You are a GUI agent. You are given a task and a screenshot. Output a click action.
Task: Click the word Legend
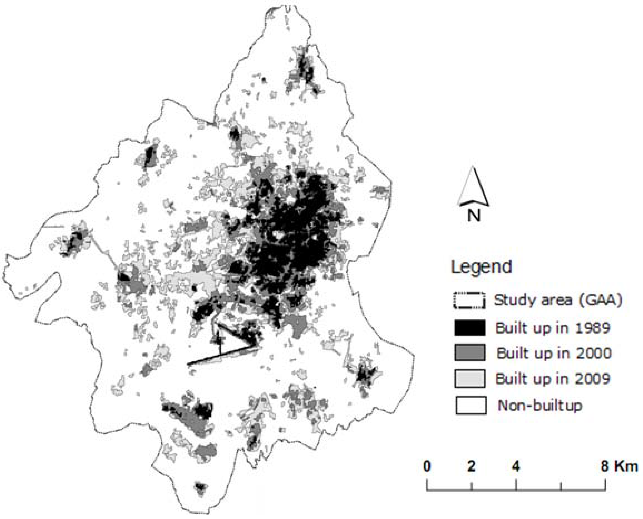pyautogui.click(x=481, y=267)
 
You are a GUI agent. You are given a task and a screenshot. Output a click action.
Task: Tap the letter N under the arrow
pyautogui.click(x=474, y=215)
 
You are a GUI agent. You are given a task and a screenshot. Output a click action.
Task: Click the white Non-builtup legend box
pyautogui.click(x=471, y=405)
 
